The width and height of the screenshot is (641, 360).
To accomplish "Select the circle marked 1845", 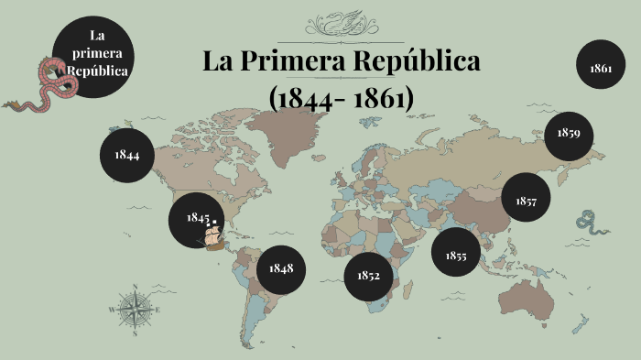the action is pos(196,218).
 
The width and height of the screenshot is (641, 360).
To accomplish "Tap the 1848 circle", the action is pos(281,267).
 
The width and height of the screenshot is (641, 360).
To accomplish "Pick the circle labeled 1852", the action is pos(368,275).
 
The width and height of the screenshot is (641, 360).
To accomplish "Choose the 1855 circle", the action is pos(456,256).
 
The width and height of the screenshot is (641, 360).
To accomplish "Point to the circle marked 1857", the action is pos(526,200).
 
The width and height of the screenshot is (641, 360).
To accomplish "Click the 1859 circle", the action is pos(568,133).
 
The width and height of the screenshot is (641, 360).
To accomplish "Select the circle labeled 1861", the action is pos(601,68).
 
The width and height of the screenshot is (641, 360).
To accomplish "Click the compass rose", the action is pos(135,309).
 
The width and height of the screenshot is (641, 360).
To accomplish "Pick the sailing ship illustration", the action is pos(212,236).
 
